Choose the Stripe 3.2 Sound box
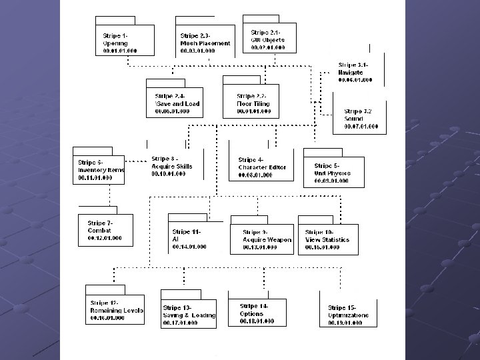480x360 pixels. click(x=361, y=118)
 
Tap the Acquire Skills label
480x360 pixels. click(x=171, y=166)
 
